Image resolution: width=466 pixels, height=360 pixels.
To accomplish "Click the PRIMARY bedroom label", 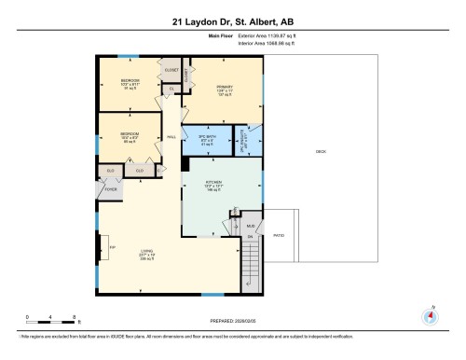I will (x=223, y=89).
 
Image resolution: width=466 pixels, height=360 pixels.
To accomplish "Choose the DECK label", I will (x=321, y=151).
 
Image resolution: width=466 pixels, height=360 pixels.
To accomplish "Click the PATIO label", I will (x=279, y=236).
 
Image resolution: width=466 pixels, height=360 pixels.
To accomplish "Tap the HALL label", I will (x=171, y=138).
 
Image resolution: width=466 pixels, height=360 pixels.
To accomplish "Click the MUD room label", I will (x=250, y=226).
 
